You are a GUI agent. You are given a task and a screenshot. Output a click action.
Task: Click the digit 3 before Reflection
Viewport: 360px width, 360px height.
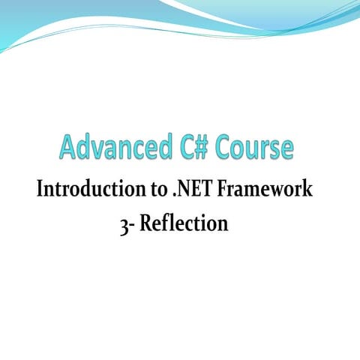point(124,223)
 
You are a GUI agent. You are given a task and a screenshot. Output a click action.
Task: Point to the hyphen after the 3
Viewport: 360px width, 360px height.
point(132,225)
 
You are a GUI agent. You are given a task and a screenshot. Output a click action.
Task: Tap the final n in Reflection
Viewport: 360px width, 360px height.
point(223,224)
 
